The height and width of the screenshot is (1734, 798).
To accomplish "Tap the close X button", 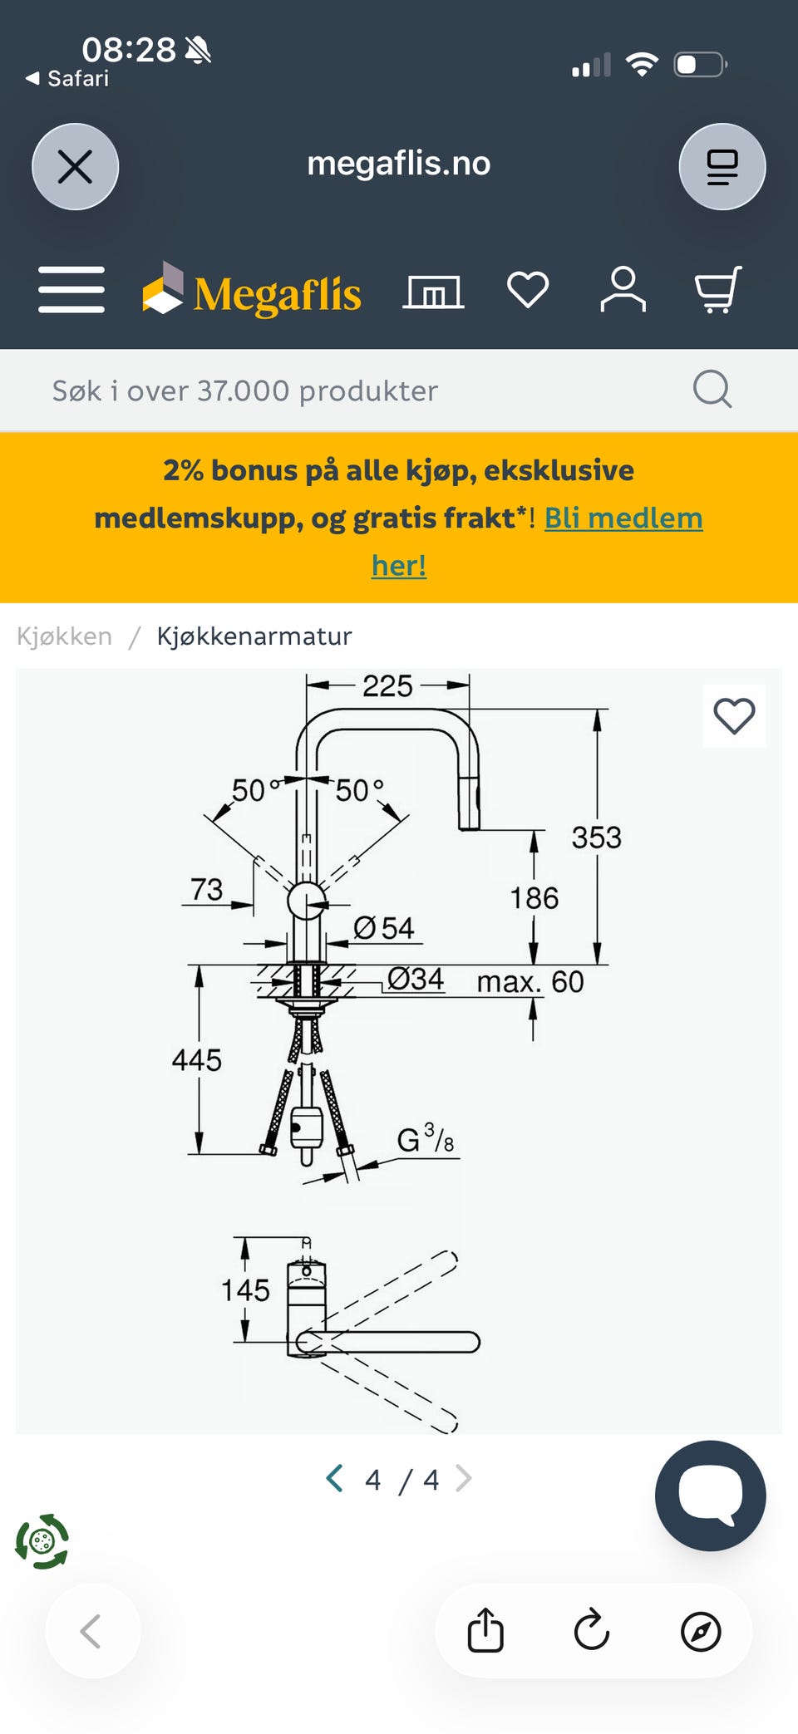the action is tap(75, 167).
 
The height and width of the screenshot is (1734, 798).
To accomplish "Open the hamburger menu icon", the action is tap(71, 290).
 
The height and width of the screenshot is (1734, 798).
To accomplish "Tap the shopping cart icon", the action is tap(718, 289).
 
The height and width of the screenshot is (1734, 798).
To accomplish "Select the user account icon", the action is tap(623, 289).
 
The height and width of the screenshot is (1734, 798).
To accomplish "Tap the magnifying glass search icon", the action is tap(712, 389).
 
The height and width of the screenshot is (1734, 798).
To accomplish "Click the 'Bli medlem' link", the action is tap(623, 518).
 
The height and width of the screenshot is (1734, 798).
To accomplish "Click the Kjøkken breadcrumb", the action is tap(64, 636).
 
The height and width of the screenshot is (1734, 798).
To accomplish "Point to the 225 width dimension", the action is tap(387, 686).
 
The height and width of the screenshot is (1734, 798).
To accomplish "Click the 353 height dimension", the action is tap(596, 838).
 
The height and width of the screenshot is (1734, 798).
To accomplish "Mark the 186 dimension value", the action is tap(534, 898).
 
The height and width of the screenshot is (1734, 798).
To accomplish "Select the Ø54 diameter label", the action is tap(384, 928).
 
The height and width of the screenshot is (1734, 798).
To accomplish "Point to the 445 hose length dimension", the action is tap(196, 1060).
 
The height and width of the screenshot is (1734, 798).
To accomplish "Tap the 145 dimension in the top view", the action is tap(245, 1290).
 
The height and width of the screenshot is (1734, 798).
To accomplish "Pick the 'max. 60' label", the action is tap(530, 982).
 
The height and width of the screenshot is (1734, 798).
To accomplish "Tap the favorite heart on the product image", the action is tap(734, 716).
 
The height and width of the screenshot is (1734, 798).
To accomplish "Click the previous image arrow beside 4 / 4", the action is tap(335, 1479).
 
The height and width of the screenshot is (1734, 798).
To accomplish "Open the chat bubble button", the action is tap(710, 1496).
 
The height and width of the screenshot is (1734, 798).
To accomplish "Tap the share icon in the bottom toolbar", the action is tap(485, 1630).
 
